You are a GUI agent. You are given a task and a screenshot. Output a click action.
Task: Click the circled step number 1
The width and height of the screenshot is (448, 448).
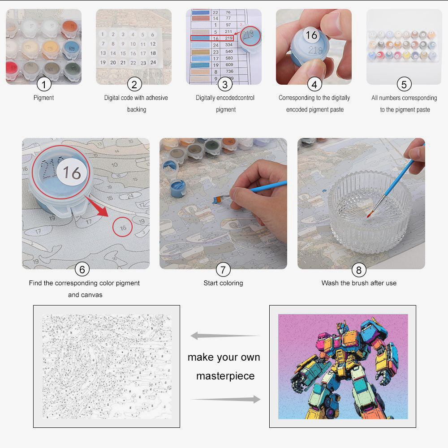coord(43,84)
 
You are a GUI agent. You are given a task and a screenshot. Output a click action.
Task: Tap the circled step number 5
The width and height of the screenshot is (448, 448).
coord(404,84)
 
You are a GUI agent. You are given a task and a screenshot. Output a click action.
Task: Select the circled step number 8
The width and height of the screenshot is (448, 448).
coord(358,269)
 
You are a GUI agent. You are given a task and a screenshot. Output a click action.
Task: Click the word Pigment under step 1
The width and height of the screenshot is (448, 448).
coord(43,98)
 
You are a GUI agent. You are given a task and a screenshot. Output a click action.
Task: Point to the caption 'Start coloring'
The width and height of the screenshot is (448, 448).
coord(223,283)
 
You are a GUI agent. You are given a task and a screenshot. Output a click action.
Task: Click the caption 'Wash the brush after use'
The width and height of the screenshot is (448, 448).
coord(358,283)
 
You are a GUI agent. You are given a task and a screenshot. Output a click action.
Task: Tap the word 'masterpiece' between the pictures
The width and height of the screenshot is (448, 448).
coord(225,376)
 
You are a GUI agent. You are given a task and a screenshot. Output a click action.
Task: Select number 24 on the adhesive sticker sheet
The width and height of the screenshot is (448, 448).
coord(153,63)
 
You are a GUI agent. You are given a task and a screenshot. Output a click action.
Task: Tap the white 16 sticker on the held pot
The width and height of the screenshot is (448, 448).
coord(311,35)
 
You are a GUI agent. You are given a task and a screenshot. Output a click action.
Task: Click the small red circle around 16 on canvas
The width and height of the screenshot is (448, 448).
coord(123,228)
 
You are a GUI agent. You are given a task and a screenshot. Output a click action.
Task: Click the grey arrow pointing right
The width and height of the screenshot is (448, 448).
coord(226,399)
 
